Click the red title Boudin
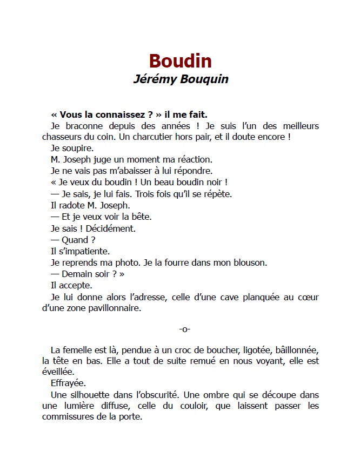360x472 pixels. point(180,61)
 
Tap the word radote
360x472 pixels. point(72,205)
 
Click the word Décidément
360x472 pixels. point(109,228)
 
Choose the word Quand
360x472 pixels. point(75,240)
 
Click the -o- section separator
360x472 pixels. point(184,329)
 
